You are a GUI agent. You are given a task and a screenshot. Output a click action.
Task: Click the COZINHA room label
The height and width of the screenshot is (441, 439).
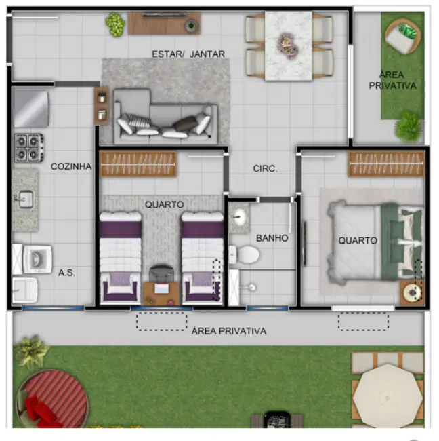pyautogui.click(x=70, y=166)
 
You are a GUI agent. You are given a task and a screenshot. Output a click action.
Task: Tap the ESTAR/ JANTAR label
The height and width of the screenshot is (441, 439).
pyautogui.click(x=188, y=54)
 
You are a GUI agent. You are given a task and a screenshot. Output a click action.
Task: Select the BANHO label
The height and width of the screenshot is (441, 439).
pyautogui.click(x=272, y=238)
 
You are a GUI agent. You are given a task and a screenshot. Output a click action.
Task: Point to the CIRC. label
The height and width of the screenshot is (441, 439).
pyautogui.click(x=265, y=169)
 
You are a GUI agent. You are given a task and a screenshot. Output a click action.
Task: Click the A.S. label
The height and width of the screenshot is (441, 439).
pyautogui.click(x=66, y=273)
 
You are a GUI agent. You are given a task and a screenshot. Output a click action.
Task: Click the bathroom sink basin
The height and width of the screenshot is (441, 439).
pyautogui.click(x=239, y=218)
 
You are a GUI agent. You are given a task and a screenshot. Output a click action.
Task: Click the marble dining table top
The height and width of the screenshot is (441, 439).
pyautogui.click(x=289, y=45)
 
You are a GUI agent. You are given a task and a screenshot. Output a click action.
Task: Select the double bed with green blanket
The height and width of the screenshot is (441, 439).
pyautogui.click(x=373, y=240)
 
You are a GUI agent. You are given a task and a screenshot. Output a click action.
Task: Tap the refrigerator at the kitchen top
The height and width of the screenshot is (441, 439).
pyautogui.click(x=30, y=109)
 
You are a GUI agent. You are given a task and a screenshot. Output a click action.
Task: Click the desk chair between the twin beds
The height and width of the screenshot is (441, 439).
pyautogui.click(x=162, y=273)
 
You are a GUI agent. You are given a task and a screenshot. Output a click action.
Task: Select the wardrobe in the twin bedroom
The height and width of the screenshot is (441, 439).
pyautogui.click(x=138, y=164)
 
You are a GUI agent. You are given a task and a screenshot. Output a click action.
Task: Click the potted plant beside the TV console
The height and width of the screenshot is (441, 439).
pyautogui.click(x=115, y=24)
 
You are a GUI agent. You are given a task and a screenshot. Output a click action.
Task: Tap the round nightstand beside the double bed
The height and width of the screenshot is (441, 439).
pyautogui.click(x=413, y=292)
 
